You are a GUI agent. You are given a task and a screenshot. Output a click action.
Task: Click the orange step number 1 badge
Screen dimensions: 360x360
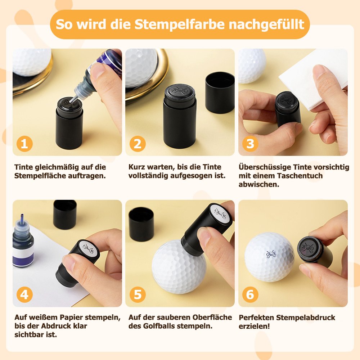[24, 144]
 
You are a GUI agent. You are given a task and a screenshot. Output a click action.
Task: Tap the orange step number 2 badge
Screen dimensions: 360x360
[138, 144]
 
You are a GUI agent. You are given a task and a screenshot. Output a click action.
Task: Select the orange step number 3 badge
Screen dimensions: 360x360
[250, 144]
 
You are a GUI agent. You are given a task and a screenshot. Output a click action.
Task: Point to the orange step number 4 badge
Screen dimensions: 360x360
[24, 294]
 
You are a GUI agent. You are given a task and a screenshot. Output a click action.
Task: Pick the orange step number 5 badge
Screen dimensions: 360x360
[138, 294]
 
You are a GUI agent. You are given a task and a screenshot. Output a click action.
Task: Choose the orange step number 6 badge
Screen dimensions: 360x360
[250, 294]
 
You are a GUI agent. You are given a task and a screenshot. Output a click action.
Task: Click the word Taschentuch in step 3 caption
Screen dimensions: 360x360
[300, 176]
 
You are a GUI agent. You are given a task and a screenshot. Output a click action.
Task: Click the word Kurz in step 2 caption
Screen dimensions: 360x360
[137, 167]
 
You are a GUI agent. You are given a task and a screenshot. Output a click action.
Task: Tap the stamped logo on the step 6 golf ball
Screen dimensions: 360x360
[271, 254]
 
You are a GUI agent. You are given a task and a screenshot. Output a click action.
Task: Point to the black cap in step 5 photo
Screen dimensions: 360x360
[141, 224]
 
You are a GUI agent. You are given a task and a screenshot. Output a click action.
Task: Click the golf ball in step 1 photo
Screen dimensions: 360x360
[32, 62]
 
